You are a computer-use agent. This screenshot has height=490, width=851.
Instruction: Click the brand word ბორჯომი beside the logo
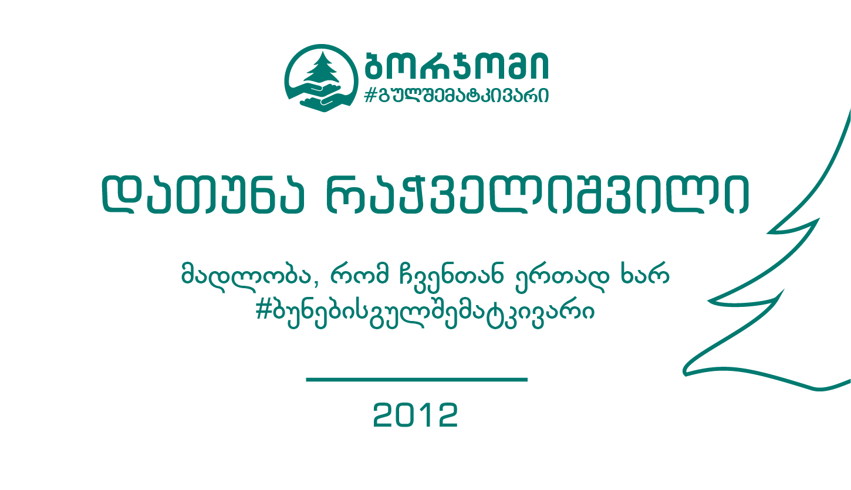point(456,65)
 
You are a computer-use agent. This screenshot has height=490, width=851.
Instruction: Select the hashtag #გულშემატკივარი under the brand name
point(456,95)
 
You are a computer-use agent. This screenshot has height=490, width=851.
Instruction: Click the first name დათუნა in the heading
point(203,194)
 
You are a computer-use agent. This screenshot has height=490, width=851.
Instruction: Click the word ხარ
point(645,273)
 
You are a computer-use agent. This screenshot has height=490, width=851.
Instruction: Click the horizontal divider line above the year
point(417,380)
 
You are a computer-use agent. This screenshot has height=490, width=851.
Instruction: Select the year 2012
point(416,415)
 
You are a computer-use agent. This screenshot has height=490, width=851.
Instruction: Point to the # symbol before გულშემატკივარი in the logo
point(370,95)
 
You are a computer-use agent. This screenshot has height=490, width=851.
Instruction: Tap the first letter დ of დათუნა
point(121,194)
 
